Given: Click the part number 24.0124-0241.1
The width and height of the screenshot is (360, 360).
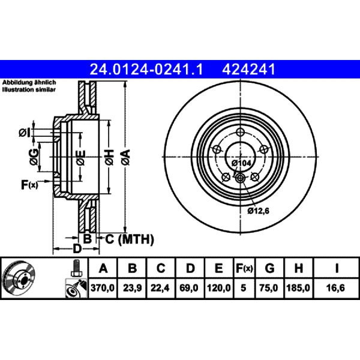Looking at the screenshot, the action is pos(146,70).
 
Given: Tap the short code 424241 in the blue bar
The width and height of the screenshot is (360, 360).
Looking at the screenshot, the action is pos(248,70).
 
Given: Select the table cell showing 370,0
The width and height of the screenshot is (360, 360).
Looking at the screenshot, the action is pos(103,287).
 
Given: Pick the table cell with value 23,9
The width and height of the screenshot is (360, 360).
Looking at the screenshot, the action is pos(132,287).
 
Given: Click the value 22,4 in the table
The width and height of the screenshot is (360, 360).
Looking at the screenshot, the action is pos(160,287).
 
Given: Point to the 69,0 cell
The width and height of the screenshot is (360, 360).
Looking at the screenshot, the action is pos(189,287).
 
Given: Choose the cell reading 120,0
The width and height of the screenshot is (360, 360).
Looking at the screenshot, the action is pos(219,287).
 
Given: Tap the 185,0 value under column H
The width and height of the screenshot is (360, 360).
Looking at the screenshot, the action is pos(298,287).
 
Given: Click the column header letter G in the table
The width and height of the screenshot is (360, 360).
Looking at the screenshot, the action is pos(269,268).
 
